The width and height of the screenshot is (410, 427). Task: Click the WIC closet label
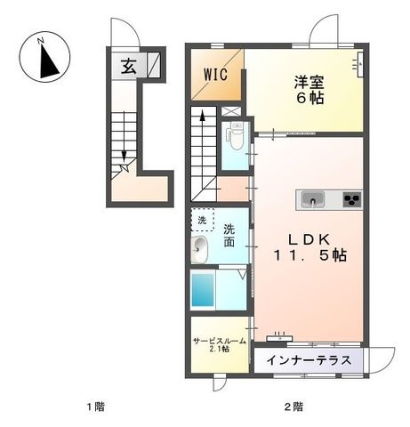tap(215, 75)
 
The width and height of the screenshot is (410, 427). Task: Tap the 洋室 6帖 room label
tap(309, 90)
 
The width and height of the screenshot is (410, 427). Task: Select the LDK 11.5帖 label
tap(310, 247)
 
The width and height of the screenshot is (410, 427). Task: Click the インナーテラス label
tap(309, 360)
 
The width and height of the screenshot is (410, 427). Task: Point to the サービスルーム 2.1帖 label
tap(220, 345)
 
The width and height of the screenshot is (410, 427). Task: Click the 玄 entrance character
tap(129, 67)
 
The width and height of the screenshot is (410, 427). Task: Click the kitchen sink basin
tap(312, 199)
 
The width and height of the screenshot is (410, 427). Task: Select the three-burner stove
tap(352, 199)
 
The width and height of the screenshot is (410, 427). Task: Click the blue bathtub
tap(203, 290)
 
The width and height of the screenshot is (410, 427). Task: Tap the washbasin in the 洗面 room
tap(199, 250)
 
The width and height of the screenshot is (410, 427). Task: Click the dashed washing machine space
tap(203, 219)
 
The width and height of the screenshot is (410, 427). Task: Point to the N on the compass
tap(41, 41)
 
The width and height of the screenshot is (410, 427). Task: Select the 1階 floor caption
tap(96, 407)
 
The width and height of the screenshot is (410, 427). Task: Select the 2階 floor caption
tap(293, 407)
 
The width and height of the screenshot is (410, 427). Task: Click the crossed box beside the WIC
tap(231, 111)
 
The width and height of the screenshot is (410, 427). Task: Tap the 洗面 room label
tap(229, 236)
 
